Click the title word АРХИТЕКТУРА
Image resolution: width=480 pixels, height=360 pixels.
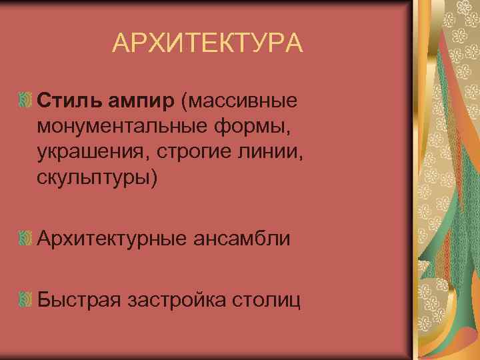click(x=207, y=44)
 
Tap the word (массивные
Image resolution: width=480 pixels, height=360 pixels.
click(x=238, y=101)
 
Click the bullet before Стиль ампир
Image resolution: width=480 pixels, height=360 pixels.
click(x=25, y=100)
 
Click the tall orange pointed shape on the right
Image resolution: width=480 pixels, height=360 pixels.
click(x=427, y=267)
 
